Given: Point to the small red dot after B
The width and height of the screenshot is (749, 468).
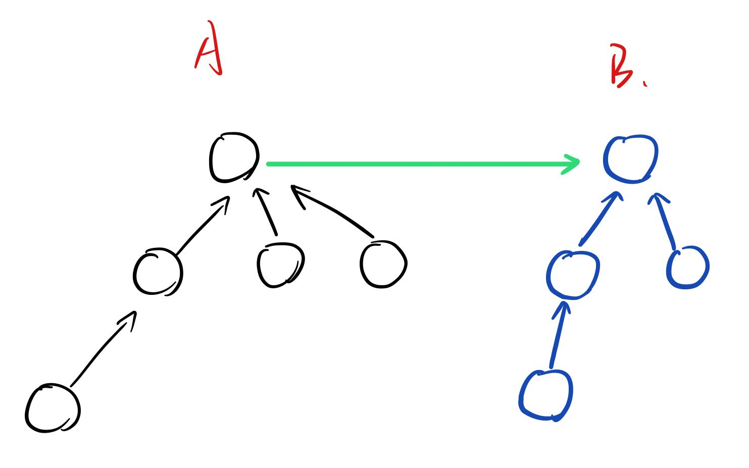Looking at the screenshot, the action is pos(645,85).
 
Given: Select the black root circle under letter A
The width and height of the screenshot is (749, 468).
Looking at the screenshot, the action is pos(234,157).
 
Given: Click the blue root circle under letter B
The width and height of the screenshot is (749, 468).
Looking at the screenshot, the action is pos(631,159).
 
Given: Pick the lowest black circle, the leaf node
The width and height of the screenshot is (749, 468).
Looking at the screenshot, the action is pos(53,408).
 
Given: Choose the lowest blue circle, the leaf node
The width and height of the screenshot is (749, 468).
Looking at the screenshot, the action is pos(546,395).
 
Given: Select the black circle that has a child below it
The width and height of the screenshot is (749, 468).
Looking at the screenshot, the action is pos(157,272).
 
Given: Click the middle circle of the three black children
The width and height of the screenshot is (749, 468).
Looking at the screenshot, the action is pos(281,265).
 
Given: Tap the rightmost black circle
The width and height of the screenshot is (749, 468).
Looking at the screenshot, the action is pos(383,265).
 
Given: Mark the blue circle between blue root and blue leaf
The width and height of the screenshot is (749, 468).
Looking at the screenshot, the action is pos(573,275).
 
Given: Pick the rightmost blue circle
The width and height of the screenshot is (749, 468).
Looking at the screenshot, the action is pos(687,267).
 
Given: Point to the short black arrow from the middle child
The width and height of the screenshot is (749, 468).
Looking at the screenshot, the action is pos(267,212).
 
